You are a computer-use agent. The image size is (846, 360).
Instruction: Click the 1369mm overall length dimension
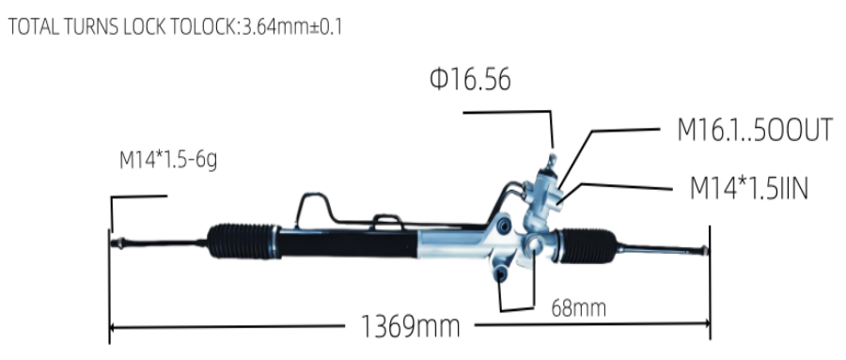410,326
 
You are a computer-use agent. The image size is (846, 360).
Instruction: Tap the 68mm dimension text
578,308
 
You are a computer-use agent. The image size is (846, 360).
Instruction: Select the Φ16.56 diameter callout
470,79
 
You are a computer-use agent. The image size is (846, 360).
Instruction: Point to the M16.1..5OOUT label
755,130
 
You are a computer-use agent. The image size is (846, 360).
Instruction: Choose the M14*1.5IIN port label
749,188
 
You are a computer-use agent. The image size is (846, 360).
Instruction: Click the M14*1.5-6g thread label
168,161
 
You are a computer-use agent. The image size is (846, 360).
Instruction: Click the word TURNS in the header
90,27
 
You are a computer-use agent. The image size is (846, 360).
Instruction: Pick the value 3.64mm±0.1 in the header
292,27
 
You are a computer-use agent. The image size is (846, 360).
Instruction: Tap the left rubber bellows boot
243,241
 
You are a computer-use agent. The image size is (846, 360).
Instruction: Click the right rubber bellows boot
587,245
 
